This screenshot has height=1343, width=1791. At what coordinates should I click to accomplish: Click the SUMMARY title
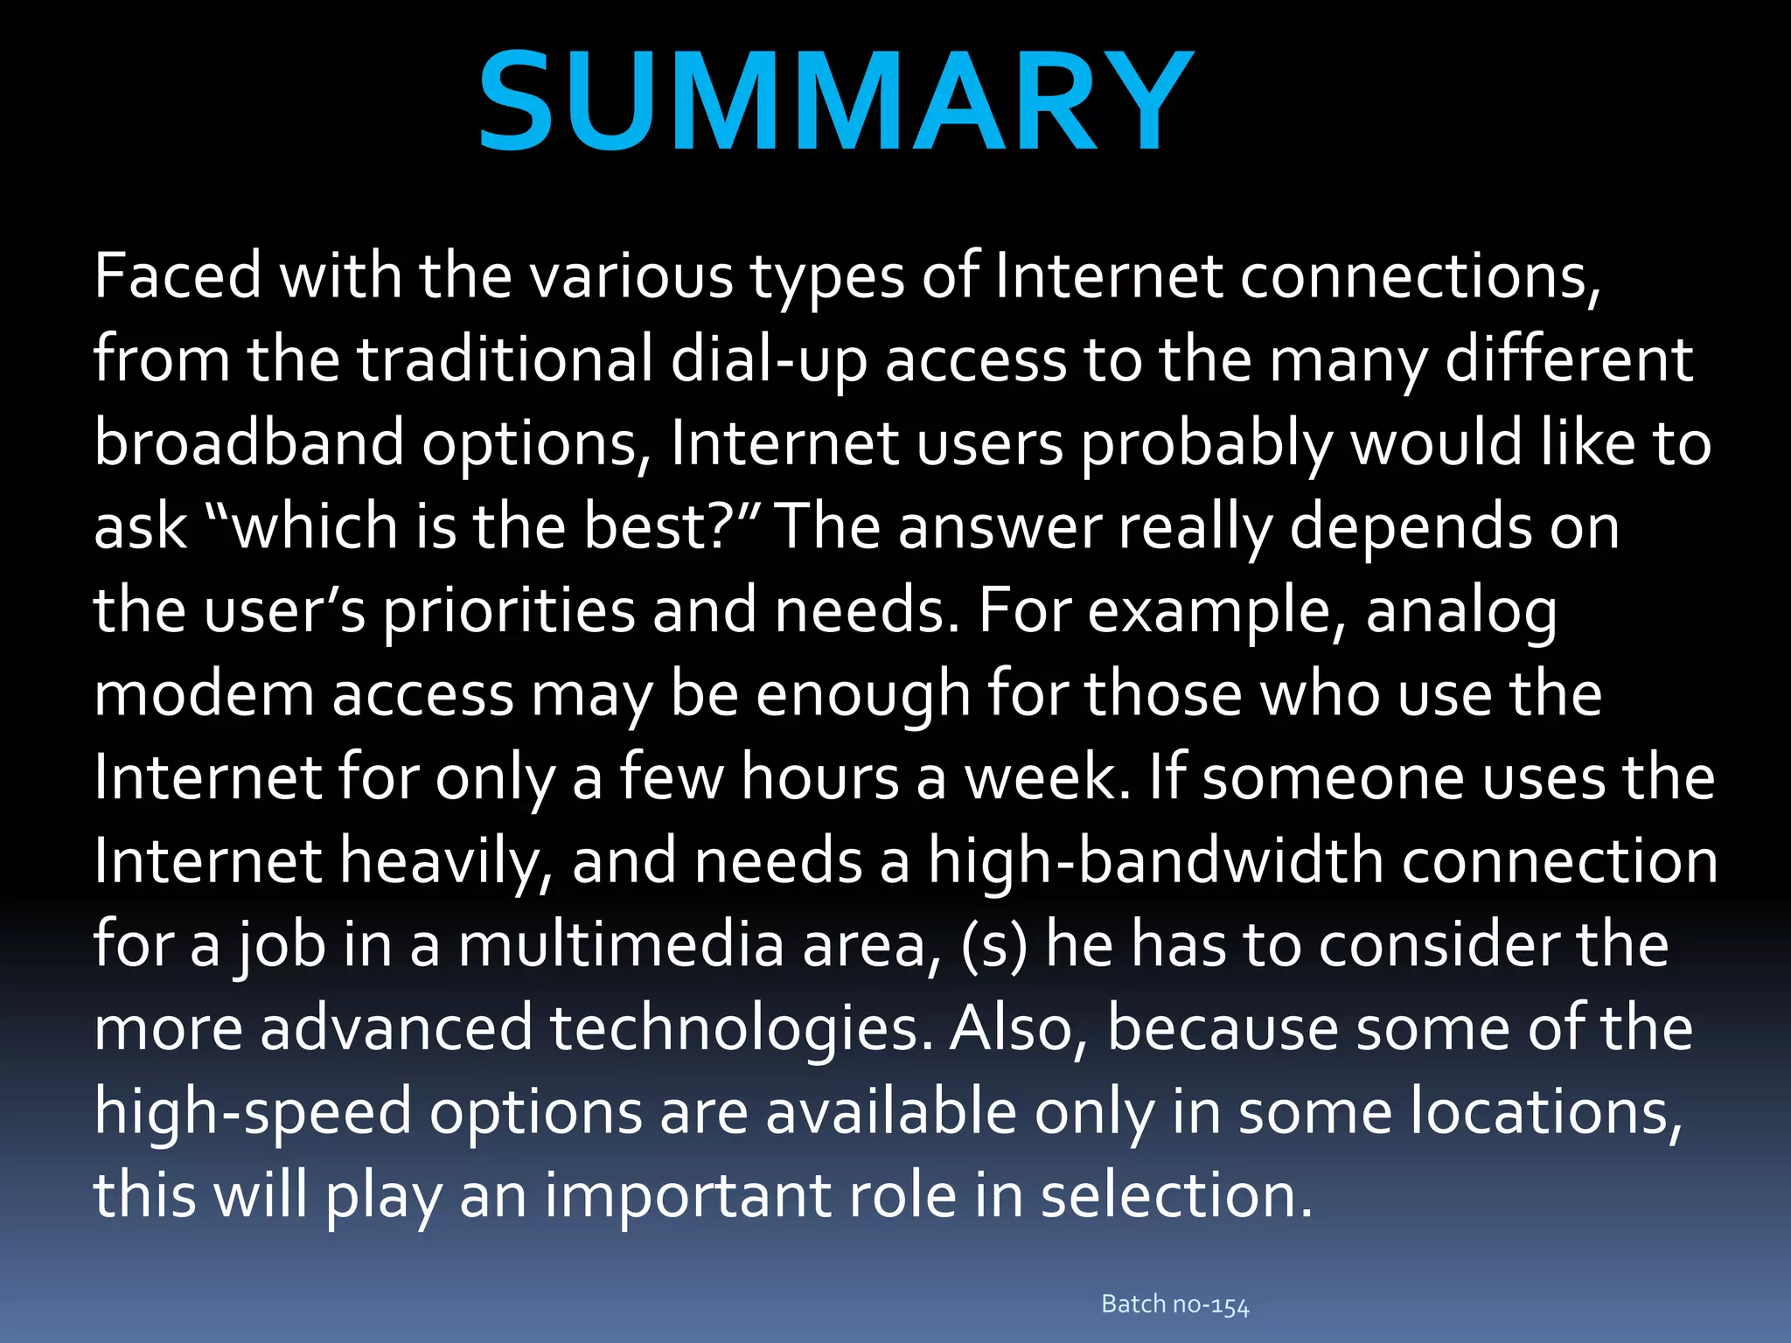pyautogui.click(x=835, y=101)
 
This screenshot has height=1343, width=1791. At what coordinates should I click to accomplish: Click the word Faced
pyautogui.click(x=178, y=275)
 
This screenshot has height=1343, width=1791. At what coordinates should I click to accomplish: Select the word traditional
pyautogui.click(x=505, y=359)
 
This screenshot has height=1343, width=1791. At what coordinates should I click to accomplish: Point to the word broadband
pyautogui.click(x=248, y=443)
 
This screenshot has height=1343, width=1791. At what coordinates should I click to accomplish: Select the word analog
pyautogui.click(x=1461, y=610)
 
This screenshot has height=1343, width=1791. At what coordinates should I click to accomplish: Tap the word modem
pyautogui.click(x=204, y=694)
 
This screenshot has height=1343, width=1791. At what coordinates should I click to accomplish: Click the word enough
pyautogui.click(x=863, y=694)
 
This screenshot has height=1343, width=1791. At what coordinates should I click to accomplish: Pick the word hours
pyautogui.click(x=820, y=777)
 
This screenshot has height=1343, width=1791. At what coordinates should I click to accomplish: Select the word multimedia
pyautogui.click(x=621, y=945)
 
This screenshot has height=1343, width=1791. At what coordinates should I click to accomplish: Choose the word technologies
pyautogui.click(x=735, y=1028)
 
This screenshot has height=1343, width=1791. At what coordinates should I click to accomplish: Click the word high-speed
pyautogui.click(x=253, y=1112)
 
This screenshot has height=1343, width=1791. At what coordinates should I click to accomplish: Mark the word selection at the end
pyautogui.click(x=1176, y=1195)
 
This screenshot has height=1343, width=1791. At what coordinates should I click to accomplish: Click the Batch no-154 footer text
pyautogui.click(x=1175, y=1305)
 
